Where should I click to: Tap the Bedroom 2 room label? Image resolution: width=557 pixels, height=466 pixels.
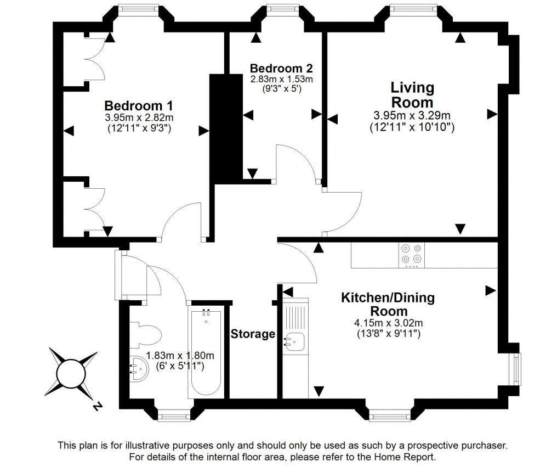click(281, 69)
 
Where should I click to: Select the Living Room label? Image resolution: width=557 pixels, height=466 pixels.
click(412, 95)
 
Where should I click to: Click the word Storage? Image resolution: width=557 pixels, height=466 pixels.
click(253, 334)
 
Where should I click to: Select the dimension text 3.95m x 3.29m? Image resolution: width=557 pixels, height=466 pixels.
click(412, 115)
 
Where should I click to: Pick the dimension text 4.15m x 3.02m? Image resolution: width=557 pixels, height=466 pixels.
click(388, 323)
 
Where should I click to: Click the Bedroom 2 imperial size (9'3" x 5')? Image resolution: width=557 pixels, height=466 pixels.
click(281, 88)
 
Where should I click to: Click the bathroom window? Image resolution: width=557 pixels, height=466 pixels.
click(174, 417)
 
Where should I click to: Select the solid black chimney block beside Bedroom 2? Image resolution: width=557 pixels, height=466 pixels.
click(226, 128)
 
